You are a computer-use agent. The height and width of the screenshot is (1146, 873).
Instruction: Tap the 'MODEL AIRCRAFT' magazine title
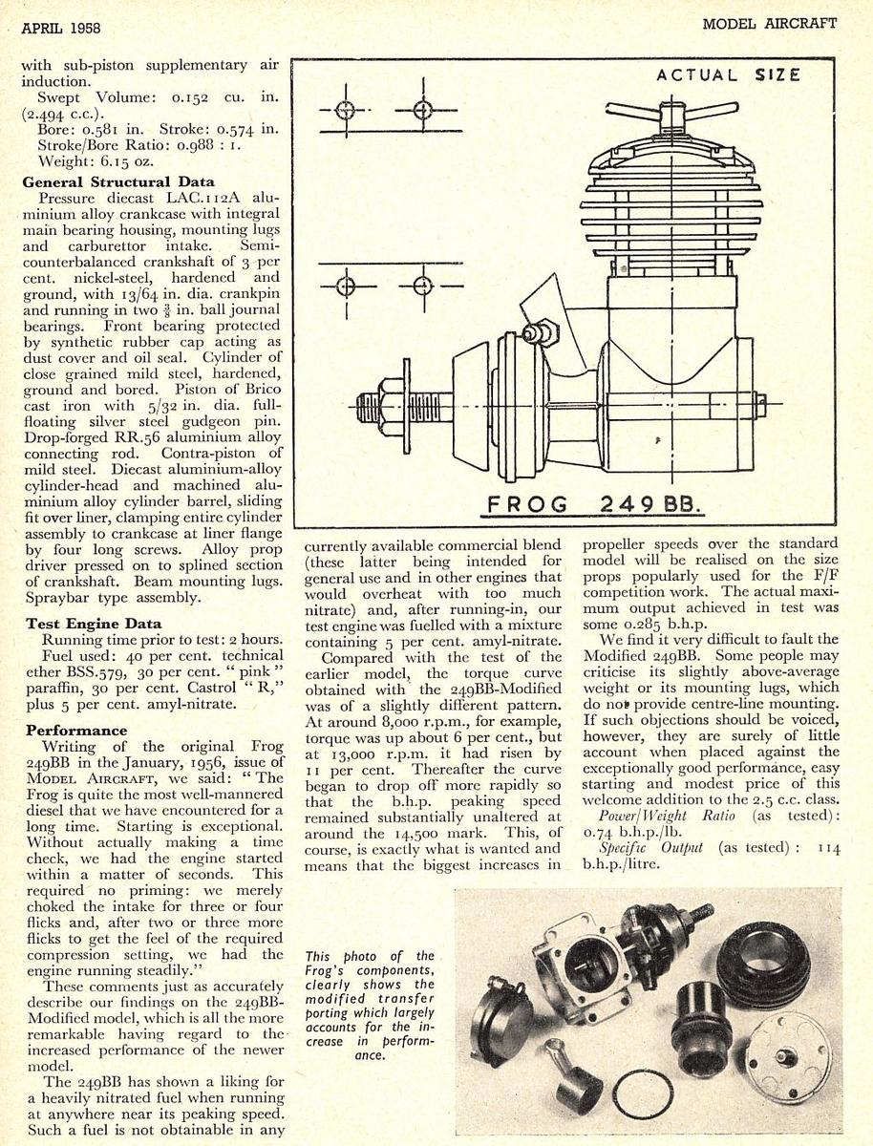pyautogui.click(x=770, y=23)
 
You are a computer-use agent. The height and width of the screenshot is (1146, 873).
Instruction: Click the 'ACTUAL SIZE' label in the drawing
pyautogui.click(x=729, y=75)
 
